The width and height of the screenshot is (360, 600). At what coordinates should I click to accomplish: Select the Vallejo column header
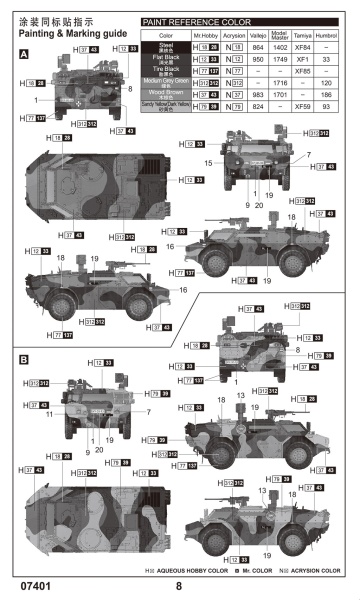click(x=257, y=35)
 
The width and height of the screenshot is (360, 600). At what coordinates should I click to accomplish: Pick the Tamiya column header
click(x=306, y=35)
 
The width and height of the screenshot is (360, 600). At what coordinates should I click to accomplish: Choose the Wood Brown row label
click(x=165, y=92)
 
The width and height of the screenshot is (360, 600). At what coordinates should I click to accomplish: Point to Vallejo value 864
click(x=257, y=47)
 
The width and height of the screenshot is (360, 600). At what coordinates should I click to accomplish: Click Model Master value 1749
click(x=280, y=59)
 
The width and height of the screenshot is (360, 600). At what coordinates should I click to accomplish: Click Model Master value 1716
click(x=280, y=81)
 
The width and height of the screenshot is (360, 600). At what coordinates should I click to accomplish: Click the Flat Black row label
click(x=165, y=59)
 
